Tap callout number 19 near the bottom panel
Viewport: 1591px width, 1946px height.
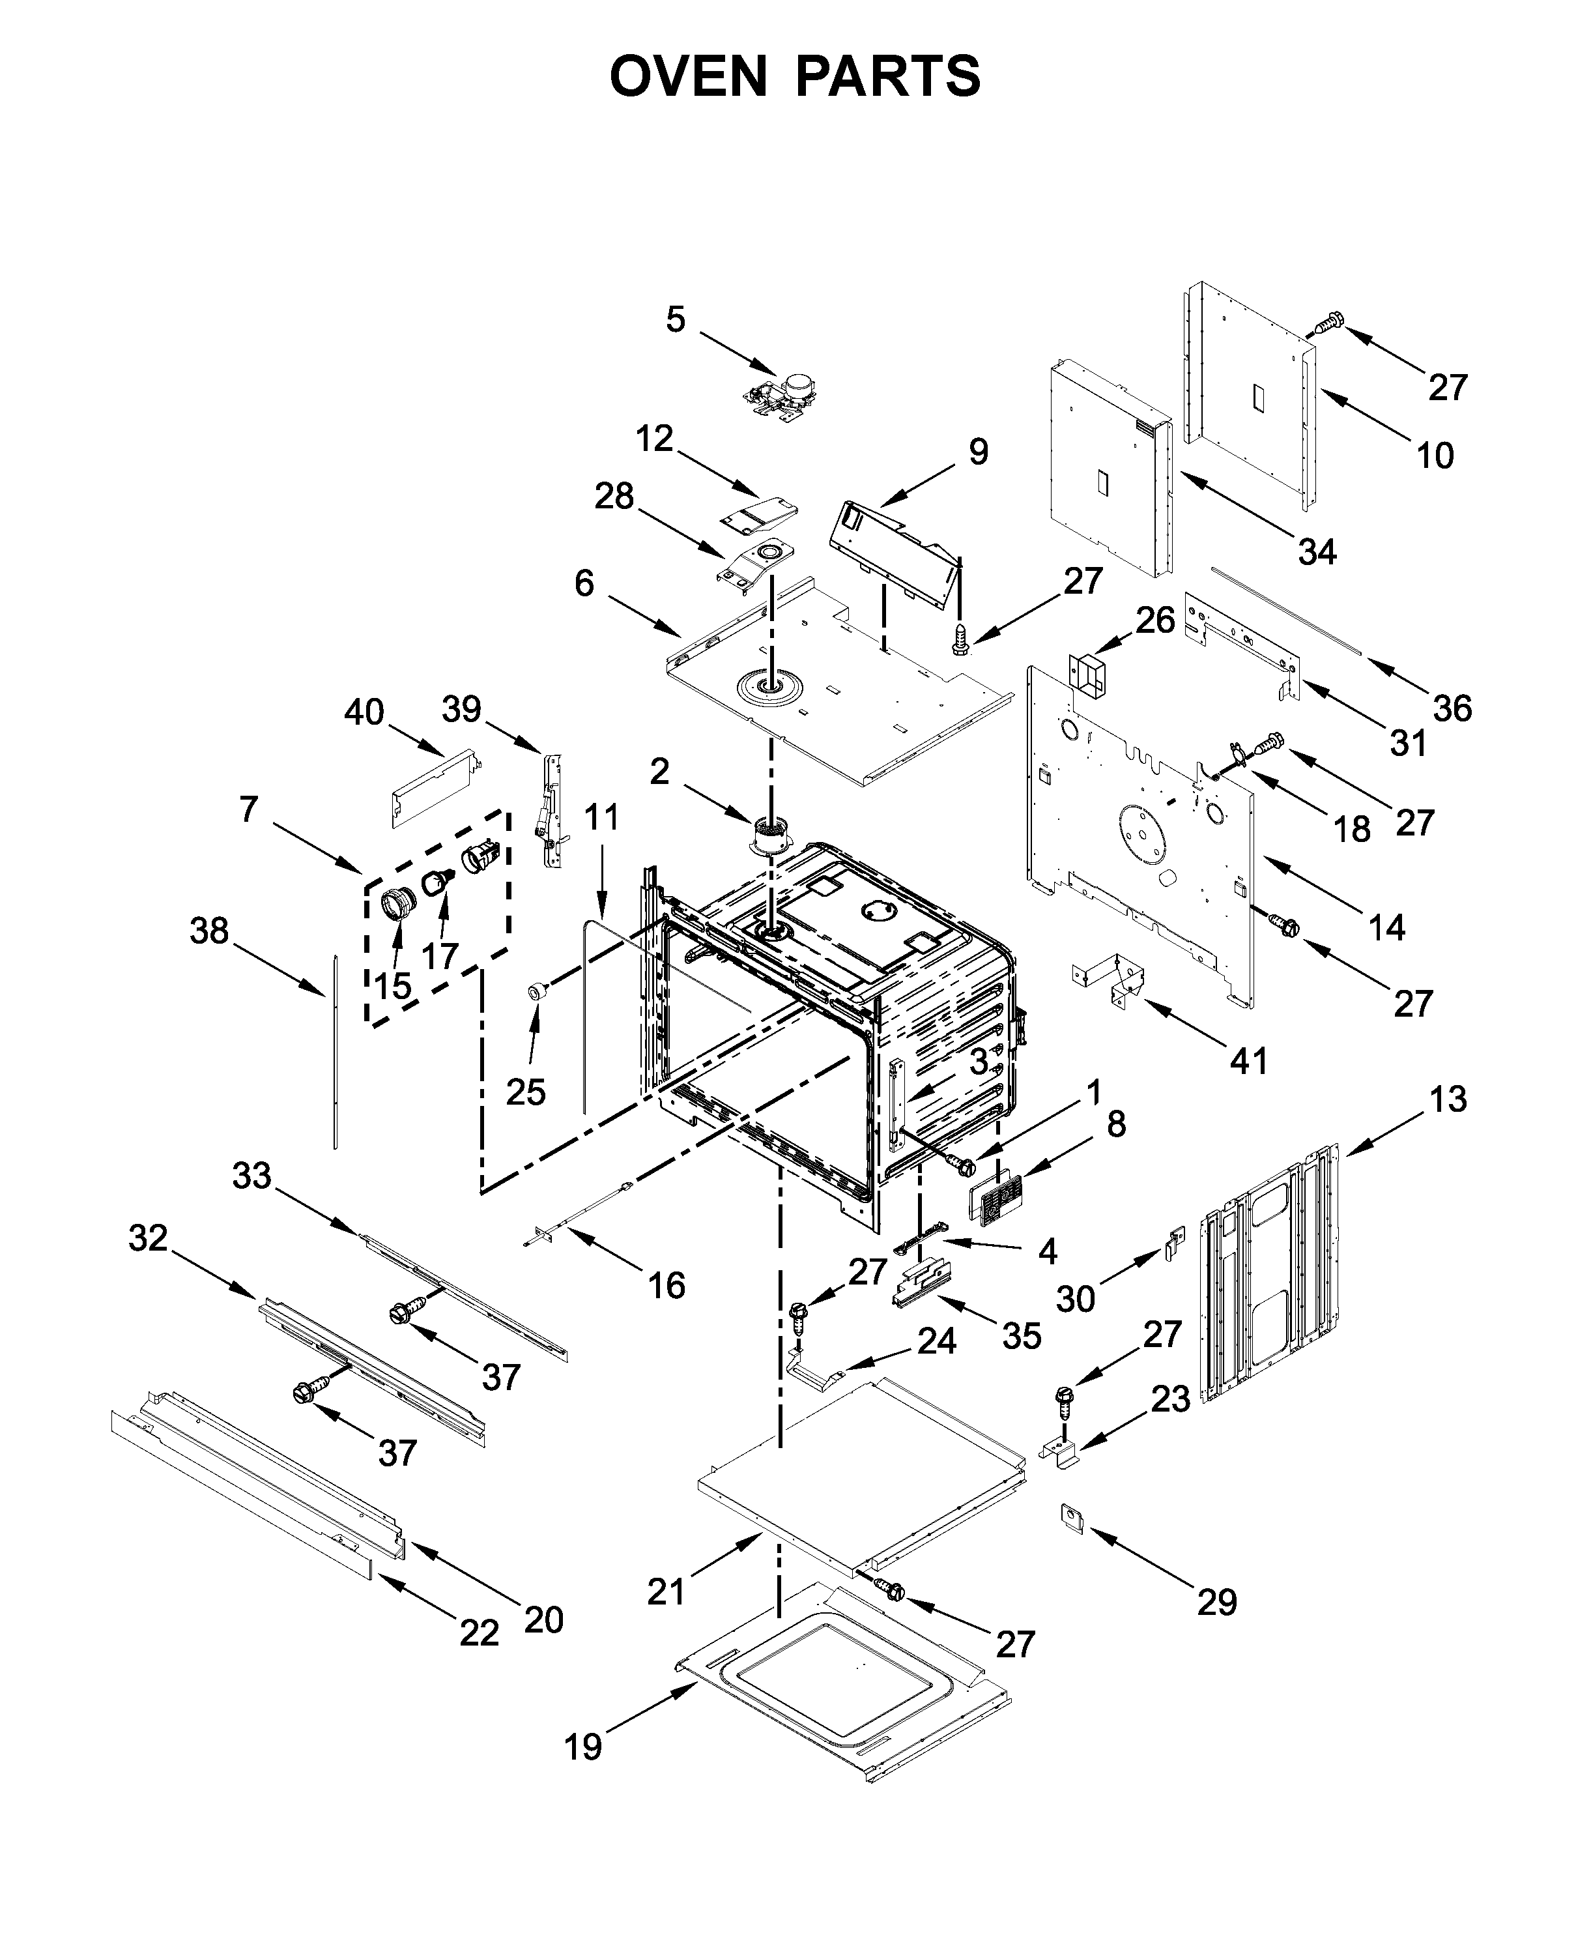583,1747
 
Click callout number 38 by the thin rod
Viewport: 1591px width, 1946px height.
209,931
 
